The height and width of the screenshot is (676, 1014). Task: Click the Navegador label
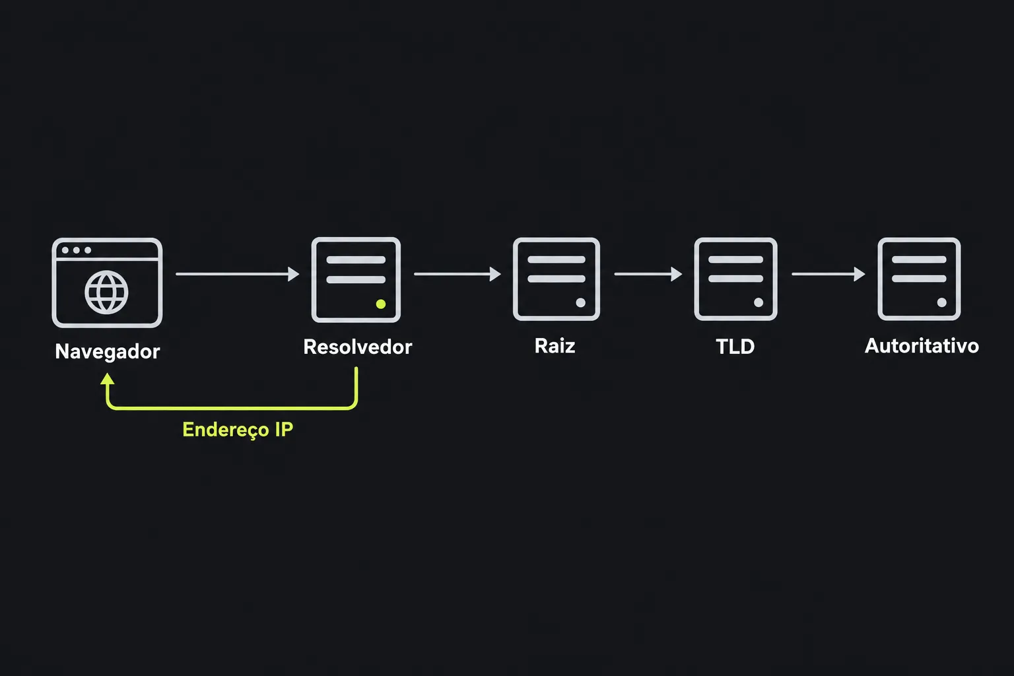(108, 352)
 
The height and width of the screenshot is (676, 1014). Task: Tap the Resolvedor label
(358, 347)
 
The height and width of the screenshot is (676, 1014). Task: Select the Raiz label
(555, 346)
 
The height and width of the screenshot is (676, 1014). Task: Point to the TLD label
(735, 347)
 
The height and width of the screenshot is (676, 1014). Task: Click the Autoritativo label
(922, 346)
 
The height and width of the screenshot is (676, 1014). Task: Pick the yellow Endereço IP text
(238, 430)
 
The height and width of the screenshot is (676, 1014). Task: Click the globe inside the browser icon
(106, 292)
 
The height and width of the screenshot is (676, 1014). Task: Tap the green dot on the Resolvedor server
(381, 304)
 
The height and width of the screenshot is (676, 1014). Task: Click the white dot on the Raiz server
(580, 302)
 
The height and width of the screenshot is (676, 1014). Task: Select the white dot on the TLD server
(759, 302)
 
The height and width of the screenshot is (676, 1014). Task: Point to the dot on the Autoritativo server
(941, 302)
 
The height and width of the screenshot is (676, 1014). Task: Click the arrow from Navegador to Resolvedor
(238, 274)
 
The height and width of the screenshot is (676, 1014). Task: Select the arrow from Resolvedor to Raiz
(457, 274)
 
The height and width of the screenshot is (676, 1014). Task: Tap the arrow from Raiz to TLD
(648, 274)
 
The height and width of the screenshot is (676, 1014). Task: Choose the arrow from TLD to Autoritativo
(828, 274)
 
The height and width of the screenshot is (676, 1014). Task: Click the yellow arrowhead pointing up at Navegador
(108, 379)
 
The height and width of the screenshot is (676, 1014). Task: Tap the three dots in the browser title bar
(77, 250)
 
